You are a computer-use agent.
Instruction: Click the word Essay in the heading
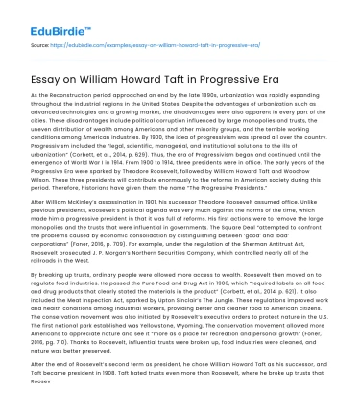tap(49, 74)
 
